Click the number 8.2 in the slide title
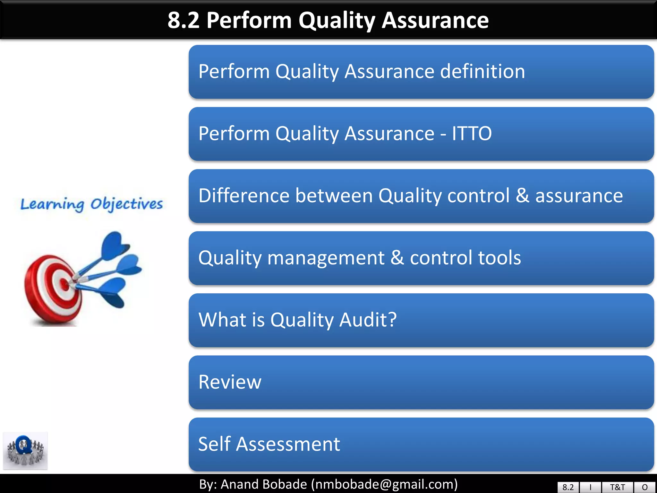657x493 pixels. click(x=183, y=20)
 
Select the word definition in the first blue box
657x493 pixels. click(x=482, y=71)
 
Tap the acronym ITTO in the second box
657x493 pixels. click(x=472, y=134)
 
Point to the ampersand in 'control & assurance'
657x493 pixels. click(x=523, y=195)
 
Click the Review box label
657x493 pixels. click(x=230, y=382)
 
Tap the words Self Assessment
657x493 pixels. click(x=269, y=444)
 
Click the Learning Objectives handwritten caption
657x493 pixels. click(x=91, y=204)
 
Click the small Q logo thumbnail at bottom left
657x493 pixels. click(x=25, y=451)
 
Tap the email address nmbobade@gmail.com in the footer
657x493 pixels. click(x=384, y=484)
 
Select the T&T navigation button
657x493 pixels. click(x=617, y=487)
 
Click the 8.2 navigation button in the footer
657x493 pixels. click(x=568, y=487)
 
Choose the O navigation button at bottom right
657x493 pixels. click(x=644, y=487)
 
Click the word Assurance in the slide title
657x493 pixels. click(x=435, y=20)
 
